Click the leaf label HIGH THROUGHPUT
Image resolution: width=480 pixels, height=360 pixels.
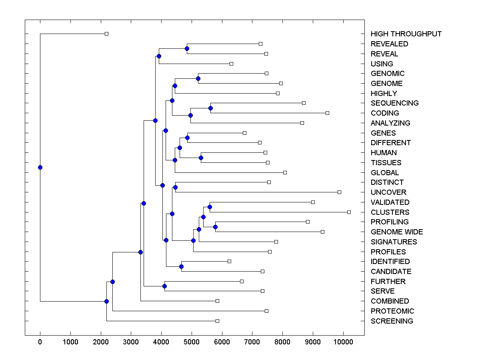click(406, 34)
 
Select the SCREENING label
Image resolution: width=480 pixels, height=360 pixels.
click(392, 321)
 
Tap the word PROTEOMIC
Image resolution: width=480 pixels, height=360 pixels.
click(392, 311)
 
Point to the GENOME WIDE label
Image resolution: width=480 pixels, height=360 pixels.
click(396, 232)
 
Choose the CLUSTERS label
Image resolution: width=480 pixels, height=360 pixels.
click(390, 212)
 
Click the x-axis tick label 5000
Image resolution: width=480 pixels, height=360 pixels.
click(192, 341)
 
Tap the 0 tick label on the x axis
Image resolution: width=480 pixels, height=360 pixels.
click(40, 341)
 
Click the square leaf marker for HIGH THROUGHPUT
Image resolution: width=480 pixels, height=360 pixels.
click(106, 34)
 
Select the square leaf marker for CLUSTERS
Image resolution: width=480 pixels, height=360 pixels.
click(349, 212)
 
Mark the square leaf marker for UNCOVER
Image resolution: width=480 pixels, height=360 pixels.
click(339, 192)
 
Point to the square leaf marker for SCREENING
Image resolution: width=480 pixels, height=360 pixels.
click(217, 321)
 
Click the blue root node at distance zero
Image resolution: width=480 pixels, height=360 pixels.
click(40, 167)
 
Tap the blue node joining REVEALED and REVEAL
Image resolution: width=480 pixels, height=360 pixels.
click(187, 48)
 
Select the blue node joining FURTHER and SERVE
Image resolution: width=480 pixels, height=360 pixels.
click(164, 286)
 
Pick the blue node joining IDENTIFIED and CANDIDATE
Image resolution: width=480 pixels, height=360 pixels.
click(181, 266)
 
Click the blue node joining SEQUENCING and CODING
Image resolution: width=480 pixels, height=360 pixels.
click(210, 108)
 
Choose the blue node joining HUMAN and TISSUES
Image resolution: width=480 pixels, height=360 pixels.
click(201, 158)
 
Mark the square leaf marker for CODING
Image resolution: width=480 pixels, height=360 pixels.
click(327, 113)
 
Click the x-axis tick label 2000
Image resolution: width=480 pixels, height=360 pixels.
click(100, 341)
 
